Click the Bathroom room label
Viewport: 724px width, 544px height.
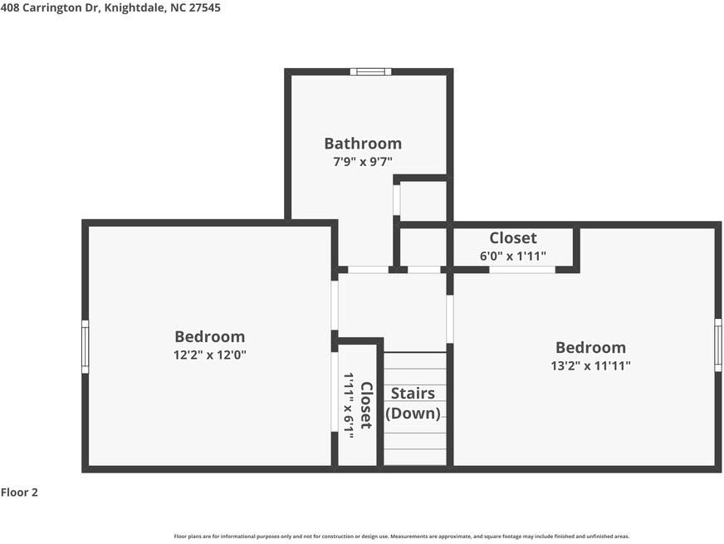363,144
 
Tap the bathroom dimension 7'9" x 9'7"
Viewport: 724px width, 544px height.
363,162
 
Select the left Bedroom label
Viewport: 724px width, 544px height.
209,336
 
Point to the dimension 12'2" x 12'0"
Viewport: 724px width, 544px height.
209,355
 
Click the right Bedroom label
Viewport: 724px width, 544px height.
590,347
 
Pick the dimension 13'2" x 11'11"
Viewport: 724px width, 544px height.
590,365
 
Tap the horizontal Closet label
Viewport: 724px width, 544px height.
512,238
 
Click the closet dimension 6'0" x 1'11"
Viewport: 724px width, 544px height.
512,256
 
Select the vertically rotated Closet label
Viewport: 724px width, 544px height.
366,405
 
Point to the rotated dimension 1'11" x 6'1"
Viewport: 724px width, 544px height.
349,405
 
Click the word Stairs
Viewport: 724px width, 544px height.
413,394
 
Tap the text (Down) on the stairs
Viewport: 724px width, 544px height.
413,413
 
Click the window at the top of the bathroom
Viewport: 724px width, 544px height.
370,71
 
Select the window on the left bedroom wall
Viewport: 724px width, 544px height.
85,346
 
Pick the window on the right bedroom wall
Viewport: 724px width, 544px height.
718,345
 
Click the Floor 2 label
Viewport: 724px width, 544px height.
19,493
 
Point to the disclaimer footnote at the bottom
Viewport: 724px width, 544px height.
401,537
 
